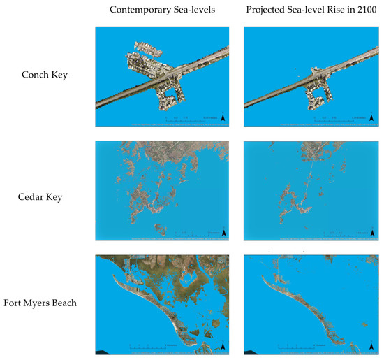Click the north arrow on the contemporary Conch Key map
tap(222, 118)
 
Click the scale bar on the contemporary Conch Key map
tap(189, 120)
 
